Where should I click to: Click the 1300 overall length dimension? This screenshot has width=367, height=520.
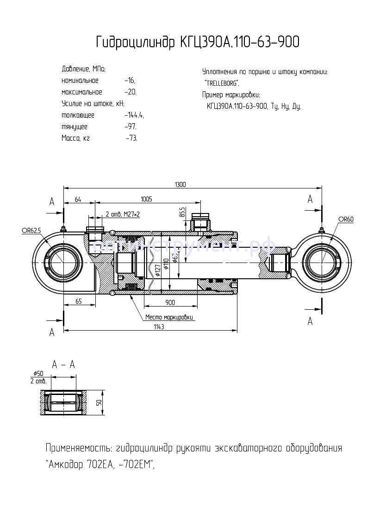180,184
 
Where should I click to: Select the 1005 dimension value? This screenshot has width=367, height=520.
146,199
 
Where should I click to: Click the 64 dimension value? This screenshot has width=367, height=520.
78,199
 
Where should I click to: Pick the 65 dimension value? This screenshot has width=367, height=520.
78,302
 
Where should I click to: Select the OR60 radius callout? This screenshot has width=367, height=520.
345,219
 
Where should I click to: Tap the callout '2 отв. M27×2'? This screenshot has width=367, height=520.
123,215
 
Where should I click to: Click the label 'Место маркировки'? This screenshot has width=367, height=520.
168,318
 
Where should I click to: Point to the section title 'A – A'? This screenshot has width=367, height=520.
63,364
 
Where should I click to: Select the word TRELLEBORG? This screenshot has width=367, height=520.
222,84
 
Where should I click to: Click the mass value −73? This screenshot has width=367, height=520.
131,138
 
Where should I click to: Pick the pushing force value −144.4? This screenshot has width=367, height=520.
134,115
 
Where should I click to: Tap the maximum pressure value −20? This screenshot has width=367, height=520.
131,92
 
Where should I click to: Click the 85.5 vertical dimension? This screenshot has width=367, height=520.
182,212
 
